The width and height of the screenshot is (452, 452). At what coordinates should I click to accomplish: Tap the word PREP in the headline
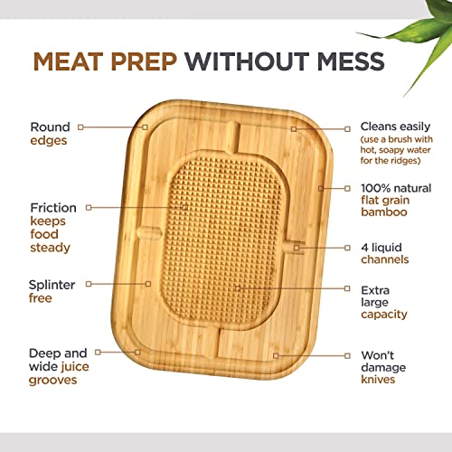tap(144, 62)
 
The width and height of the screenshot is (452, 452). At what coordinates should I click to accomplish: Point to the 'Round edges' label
tap(50, 135)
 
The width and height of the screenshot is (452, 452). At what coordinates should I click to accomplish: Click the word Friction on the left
tap(52, 207)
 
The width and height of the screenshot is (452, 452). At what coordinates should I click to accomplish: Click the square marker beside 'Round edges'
tap(81, 127)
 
